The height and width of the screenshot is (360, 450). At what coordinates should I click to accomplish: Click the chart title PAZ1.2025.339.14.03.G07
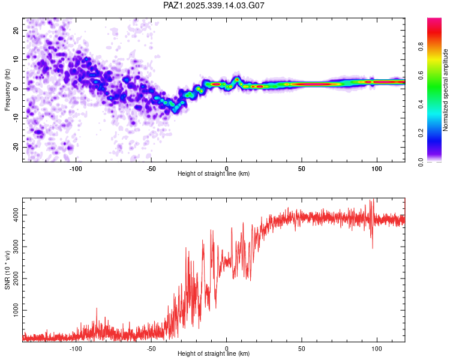point(214,5)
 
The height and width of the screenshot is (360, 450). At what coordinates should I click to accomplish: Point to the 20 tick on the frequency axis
point(16,30)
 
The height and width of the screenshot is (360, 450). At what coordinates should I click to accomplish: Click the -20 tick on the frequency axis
point(15,147)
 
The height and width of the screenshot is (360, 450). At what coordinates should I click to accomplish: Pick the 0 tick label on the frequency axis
point(18,89)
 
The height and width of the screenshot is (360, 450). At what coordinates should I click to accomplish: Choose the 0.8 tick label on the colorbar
point(422,46)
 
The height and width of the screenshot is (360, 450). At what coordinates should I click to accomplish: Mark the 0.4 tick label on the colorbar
point(422,104)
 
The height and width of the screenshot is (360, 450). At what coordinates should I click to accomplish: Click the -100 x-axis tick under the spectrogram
point(76,169)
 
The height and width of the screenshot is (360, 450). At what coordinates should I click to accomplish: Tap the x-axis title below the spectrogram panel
point(214,174)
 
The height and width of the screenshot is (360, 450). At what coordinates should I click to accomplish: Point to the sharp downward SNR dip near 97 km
point(373,247)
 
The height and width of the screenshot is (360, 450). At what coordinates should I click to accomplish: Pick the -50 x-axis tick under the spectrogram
point(151,169)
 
